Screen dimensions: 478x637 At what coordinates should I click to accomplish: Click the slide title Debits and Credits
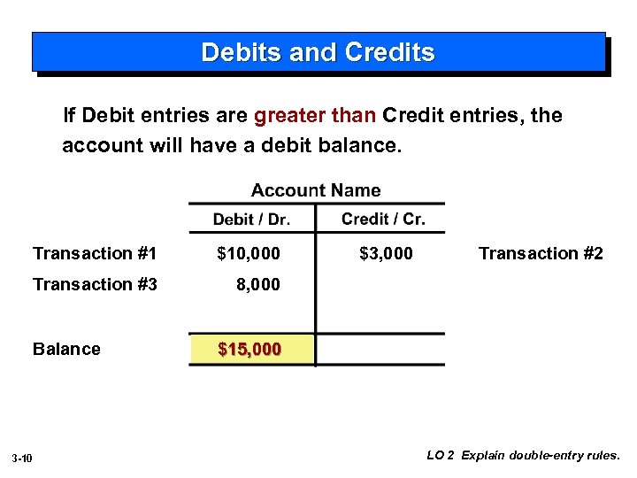(318, 52)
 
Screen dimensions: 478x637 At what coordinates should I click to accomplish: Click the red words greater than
(316, 116)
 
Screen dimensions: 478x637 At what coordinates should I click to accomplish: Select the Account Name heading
(316, 190)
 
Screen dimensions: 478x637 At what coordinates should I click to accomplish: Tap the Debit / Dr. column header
(251, 220)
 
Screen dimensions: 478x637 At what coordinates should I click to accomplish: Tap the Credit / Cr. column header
(383, 220)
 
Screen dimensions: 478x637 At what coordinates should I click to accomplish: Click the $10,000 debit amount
(249, 254)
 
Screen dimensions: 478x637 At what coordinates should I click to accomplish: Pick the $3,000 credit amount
(386, 254)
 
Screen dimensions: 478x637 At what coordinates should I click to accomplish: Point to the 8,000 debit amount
(257, 285)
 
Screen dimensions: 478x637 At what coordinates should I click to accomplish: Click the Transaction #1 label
(95, 254)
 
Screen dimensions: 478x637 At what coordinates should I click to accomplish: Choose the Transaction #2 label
(541, 254)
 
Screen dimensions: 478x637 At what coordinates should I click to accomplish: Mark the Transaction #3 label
(95, 285)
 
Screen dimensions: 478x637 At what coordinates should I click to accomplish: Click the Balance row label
(66, 350)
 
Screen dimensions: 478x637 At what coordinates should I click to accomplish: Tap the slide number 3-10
(23, 458)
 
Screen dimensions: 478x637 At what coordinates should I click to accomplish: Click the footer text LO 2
(441, 456)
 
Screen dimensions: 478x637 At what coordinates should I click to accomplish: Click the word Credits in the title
(390, 52)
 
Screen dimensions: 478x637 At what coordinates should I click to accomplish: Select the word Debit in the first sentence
(105, 116)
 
